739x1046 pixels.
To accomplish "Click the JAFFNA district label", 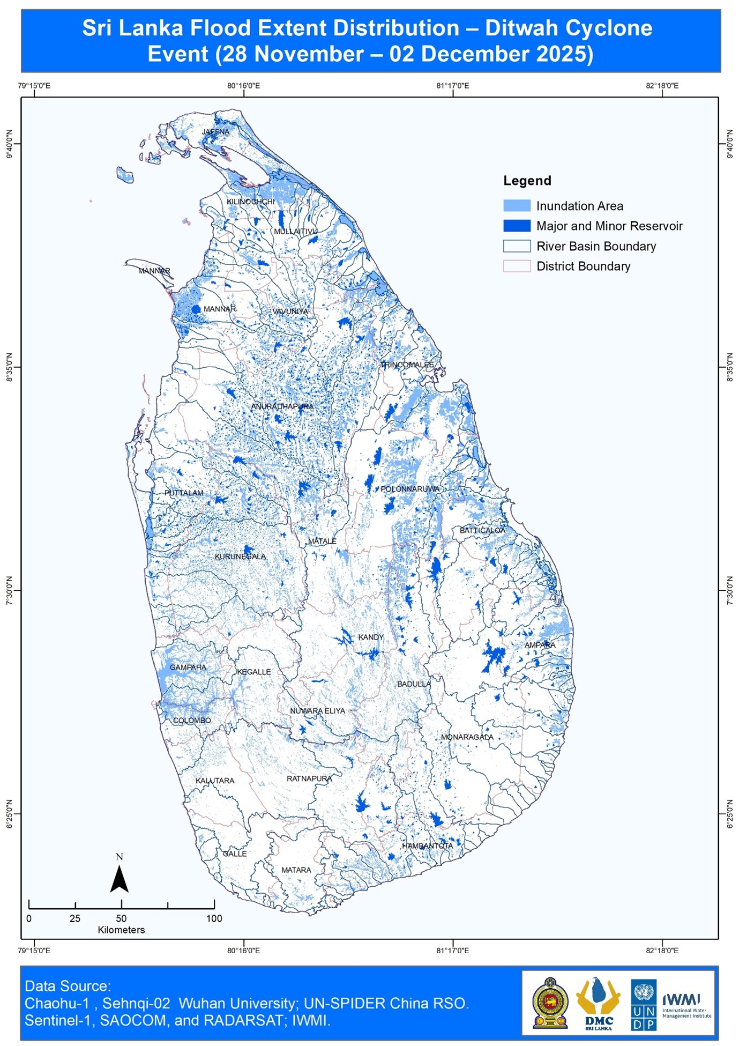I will coord(215,132).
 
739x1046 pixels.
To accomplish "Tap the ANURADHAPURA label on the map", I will coord(282,406).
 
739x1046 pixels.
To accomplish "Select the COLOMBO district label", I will coord(192,721).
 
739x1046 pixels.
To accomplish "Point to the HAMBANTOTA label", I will coord(427,845).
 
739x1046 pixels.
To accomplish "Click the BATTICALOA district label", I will coord(482,530).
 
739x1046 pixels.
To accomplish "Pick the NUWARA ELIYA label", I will coord(317,711).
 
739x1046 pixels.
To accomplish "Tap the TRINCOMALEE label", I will coord(407,365).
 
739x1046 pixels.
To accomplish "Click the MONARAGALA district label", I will coord(467,737).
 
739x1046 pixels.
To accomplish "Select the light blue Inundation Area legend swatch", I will coord(517,206).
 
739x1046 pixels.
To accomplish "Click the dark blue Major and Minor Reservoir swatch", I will coord(517,226).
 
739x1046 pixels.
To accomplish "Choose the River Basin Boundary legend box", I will coord(517,246).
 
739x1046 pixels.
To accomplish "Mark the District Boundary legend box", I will coord(517,266).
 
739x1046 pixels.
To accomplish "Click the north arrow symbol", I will coord(119,877).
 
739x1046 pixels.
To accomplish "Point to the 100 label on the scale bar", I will coord(214,918).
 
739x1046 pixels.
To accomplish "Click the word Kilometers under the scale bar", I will coord(121,930).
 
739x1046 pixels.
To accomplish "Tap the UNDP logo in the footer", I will coord(643,1005).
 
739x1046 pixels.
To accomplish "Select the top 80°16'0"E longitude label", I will coord(243,86).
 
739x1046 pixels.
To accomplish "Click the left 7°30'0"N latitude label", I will coord(9,591).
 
